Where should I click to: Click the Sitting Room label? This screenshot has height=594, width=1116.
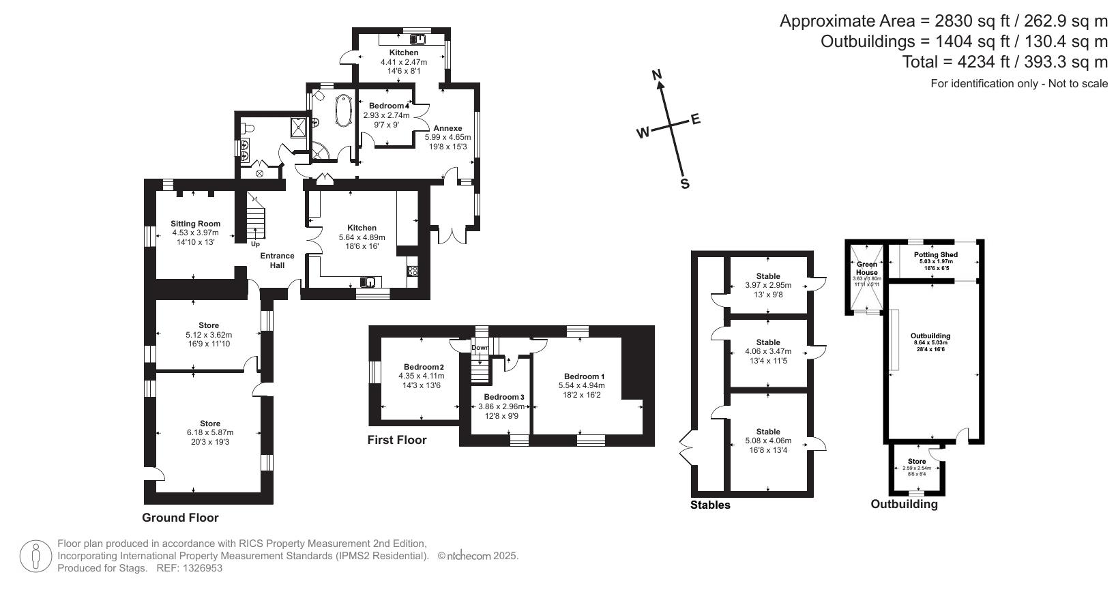(x=195, y=224)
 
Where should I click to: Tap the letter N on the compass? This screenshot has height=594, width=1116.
(x=658, y=75)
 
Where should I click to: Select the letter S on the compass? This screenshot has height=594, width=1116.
(x=685, y=184)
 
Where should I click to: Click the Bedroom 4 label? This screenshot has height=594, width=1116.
(x=389, y=106)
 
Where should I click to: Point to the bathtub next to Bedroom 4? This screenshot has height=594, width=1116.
(x=342, y=111)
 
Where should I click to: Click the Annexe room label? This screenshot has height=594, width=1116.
(x=447, y=128)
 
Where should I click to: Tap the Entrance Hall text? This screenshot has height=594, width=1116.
(x=277, y=261)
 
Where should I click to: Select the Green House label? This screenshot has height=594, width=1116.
(x=867, y=268)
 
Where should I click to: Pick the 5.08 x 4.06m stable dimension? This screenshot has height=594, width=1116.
(x=768, y=441)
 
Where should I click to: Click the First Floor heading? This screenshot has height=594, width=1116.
(x=397, y=440)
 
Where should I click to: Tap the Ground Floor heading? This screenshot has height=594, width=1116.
(x=180, y=518)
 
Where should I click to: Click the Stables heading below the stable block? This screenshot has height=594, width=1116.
(x=710, y=505)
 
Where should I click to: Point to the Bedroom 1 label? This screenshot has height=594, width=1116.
(x=584, y=376)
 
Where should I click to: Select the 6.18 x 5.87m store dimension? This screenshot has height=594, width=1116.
(x=210, y=432)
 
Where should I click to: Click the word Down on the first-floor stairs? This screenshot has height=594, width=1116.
(x=480, y=347)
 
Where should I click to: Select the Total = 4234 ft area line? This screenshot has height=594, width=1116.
(x=1005, y=62)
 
